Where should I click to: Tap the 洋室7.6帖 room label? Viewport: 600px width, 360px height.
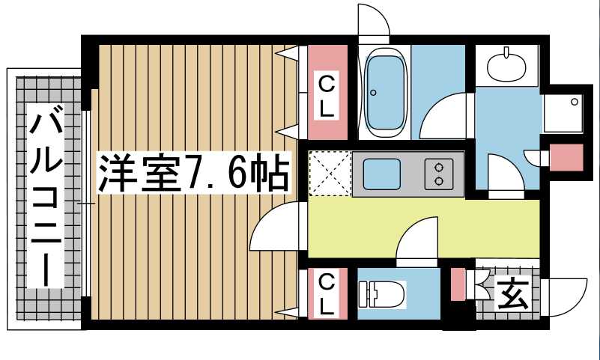pos(193,172)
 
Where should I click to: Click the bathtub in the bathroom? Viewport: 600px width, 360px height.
pos(384,94)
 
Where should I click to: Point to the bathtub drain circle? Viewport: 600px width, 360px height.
pos(373,93)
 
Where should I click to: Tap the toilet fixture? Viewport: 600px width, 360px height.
pos(381,293)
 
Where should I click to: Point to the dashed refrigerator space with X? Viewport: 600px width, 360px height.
pos(330,174)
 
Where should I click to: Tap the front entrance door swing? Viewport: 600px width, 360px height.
pos(563,297)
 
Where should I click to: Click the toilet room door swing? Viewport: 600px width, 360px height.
pos(417,242)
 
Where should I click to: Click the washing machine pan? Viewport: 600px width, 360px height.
pos(563,113)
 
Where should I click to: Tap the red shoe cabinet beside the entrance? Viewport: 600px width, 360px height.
pos(458,284)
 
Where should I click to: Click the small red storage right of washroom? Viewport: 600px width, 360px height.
pos(566,157)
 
